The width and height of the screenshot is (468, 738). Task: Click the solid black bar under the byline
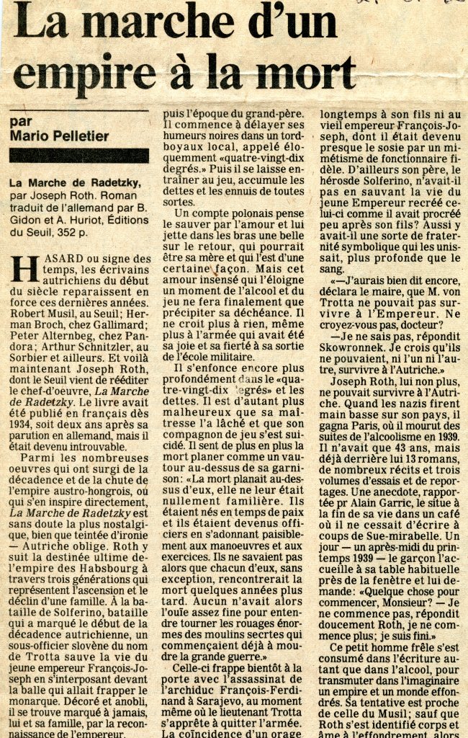point(79,155)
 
